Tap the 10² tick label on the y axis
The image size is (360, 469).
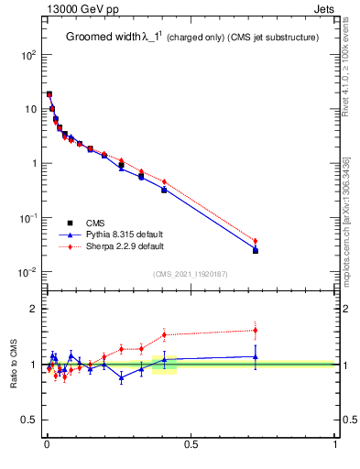pos(28,55)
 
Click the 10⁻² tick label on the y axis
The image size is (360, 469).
pos(28,272)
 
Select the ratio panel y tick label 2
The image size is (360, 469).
pos(33,310)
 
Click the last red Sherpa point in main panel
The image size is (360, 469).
pos(256,241)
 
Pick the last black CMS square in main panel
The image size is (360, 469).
pos(256,250)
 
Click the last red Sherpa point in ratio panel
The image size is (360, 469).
pos(256,330)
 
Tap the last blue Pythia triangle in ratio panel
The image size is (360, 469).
pos(256,356)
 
